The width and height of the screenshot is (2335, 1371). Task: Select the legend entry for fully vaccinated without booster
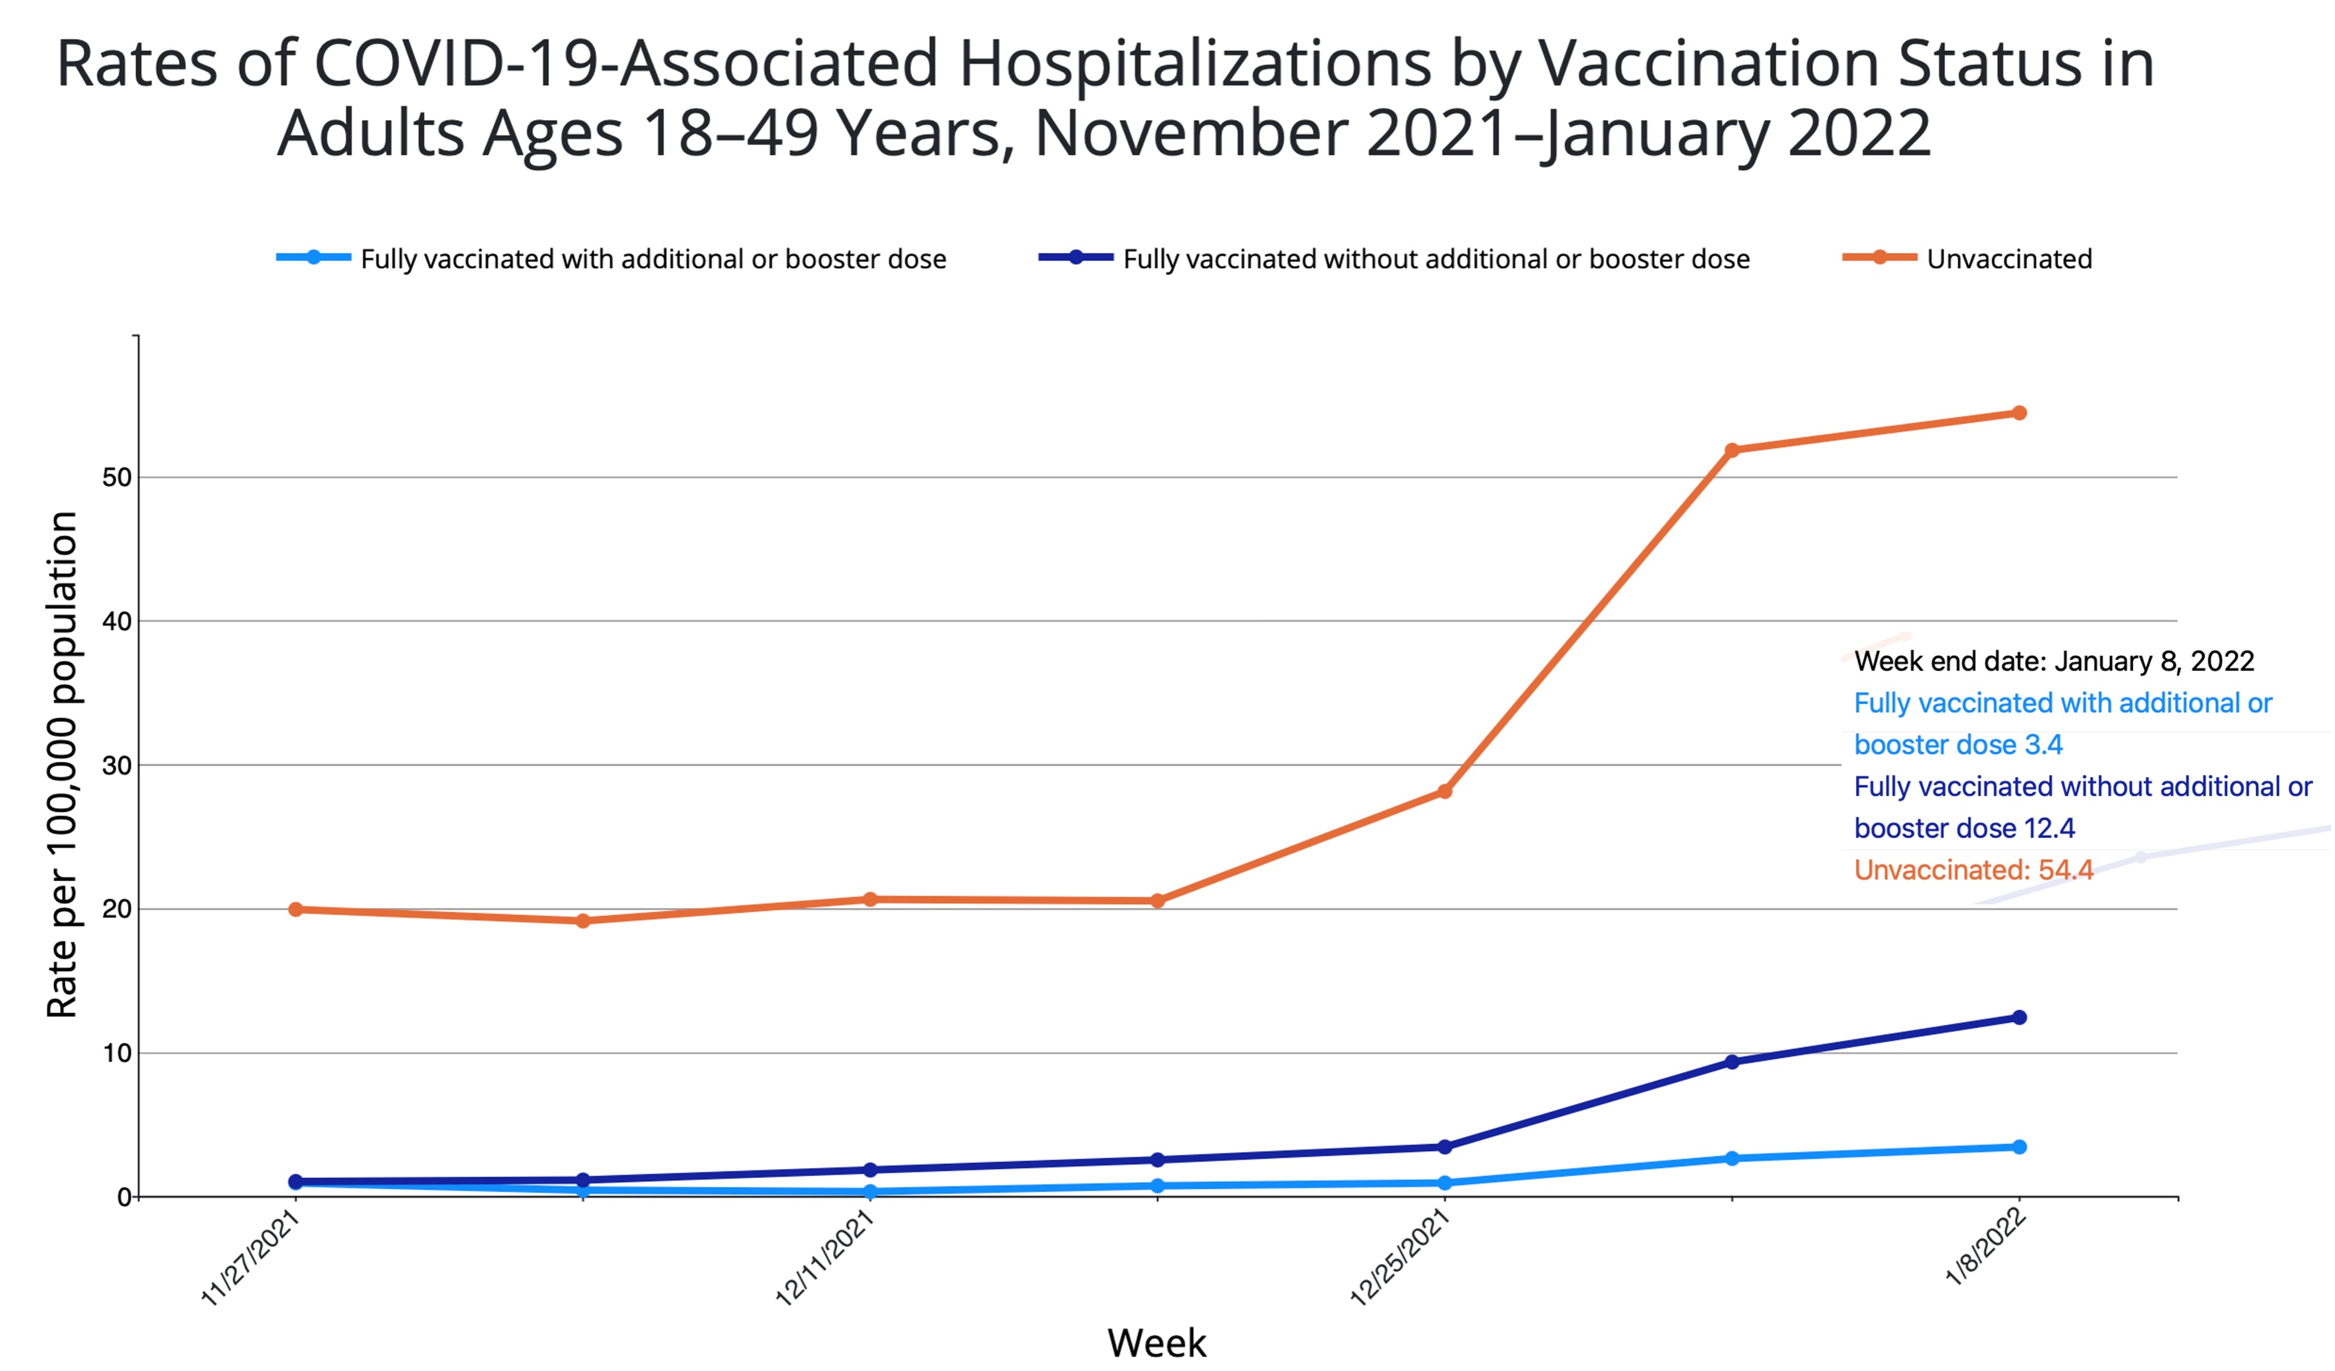1435,259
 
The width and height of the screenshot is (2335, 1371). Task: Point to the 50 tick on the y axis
117,478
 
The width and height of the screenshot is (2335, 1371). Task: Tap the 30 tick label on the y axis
117,765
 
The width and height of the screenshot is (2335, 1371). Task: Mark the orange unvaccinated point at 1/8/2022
2019,413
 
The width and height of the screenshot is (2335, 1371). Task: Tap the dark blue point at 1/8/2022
2019,1018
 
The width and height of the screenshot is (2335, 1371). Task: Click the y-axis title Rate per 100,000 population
62,765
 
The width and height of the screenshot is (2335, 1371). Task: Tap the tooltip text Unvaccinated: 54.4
1974,870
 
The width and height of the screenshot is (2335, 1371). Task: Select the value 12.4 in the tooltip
2049,828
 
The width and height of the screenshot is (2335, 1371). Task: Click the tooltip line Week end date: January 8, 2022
2053,662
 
